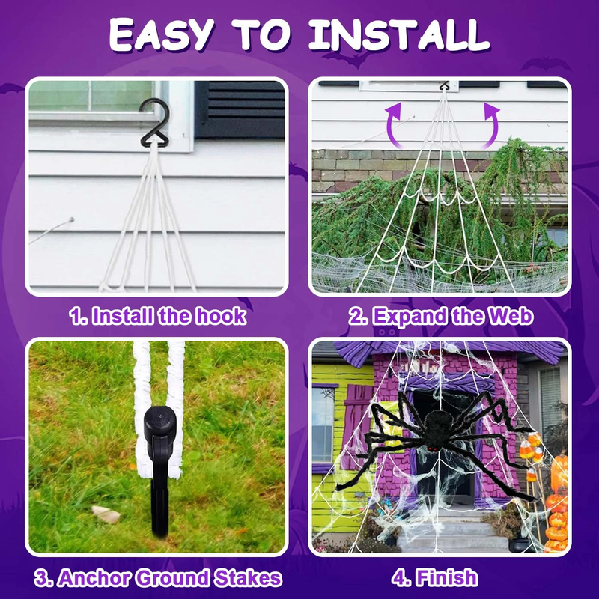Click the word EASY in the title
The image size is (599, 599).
coord(161,34)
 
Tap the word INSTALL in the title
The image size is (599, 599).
coord(399,34)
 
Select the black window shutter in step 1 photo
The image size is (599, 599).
coord(240,109)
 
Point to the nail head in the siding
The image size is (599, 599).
coord(71,219)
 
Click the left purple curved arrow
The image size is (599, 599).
coord(392,124)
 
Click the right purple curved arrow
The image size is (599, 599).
coord(492,124)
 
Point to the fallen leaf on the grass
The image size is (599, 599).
coord(106,514)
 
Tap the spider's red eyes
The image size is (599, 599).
coord(431,448)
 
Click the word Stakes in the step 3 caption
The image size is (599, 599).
coord(248,577)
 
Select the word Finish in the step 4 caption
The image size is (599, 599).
coord(446,577)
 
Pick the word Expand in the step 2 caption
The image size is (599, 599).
coord(410,317)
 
